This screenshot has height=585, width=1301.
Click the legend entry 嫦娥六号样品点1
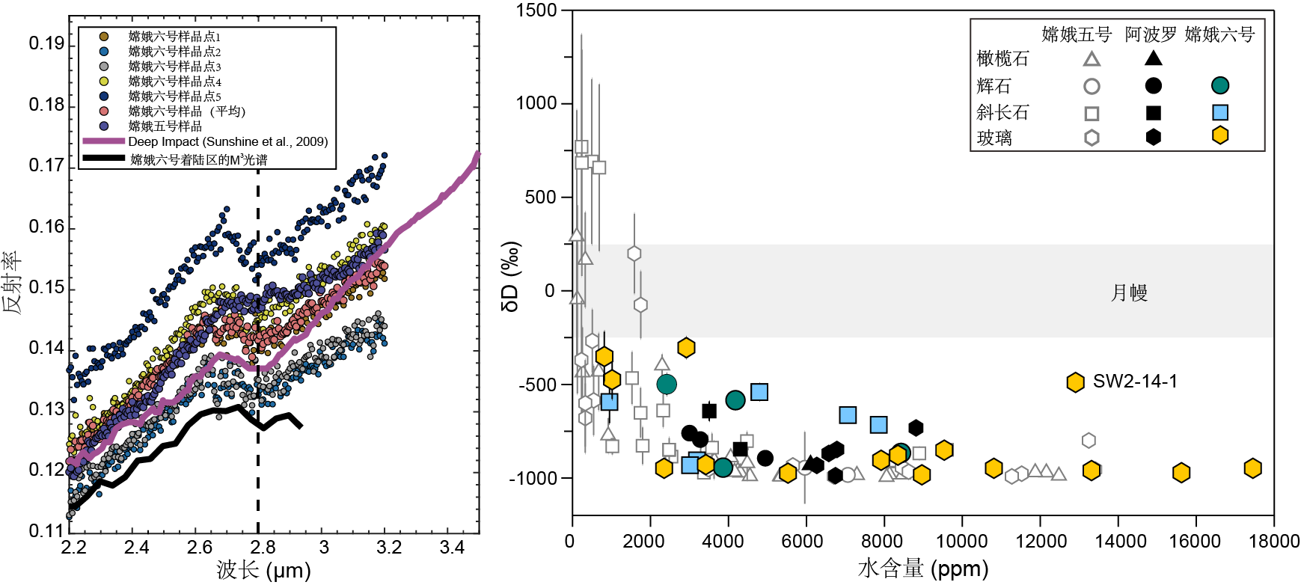coord(174,37)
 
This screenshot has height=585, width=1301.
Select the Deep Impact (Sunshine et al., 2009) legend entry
coord(227,141)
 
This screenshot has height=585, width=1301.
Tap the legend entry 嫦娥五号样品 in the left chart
coord(165,126)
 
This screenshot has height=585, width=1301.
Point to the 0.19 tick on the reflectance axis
coord(46,43)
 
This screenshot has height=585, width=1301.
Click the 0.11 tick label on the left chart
coord(46,530)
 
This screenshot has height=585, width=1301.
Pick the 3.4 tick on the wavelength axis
coord(452,548)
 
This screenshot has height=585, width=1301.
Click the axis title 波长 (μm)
coord(263,570)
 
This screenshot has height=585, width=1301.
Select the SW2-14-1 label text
coord(1135,382)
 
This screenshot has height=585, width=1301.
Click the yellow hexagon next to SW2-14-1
coord(1075,382)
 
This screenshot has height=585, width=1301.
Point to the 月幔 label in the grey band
coord(1128,292)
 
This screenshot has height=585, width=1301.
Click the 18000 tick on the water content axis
coord(1273,541)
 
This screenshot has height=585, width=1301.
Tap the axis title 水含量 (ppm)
coord(922,569)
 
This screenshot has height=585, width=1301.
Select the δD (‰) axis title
coord(511,276)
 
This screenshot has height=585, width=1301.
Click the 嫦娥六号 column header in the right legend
coord(1219,34)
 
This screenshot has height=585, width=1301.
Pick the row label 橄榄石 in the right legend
coord(1002,58)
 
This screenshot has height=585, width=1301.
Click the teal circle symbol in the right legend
coord(1220,86)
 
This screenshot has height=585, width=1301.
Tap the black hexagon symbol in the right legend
coord(1154,137)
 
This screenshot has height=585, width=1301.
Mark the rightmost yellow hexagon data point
coord(1253,468)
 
